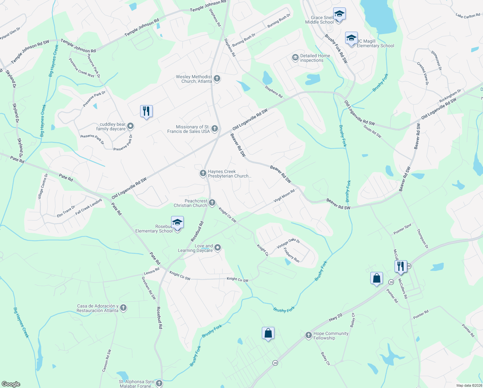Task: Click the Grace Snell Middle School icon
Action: click(x=339, y=15)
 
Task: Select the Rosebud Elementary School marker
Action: click(x=177, y=223)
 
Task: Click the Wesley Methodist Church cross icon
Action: click(x=217, y=78)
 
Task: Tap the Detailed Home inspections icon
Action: click(x=295, y=58)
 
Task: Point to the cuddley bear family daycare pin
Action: click(x=130, y=126)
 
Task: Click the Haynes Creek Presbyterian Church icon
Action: click(x=203, y=173)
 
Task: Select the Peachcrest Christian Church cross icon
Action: click(x=212, y=203)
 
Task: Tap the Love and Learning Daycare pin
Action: click(x=218, y=248)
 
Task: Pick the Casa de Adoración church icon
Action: click(x=123, y=308)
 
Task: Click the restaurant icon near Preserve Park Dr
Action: click(x=146, y=111)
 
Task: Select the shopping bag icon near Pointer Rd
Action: click(x=376, y=278)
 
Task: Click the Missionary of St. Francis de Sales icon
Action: click(x=215, y=129)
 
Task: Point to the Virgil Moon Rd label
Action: click(x=284, y=196)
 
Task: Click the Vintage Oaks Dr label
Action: click(x=288, y=243)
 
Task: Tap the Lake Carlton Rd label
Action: click(x=468, y=16)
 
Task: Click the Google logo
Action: click(x=11, y=384)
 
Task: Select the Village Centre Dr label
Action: click(x=43, y=187)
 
